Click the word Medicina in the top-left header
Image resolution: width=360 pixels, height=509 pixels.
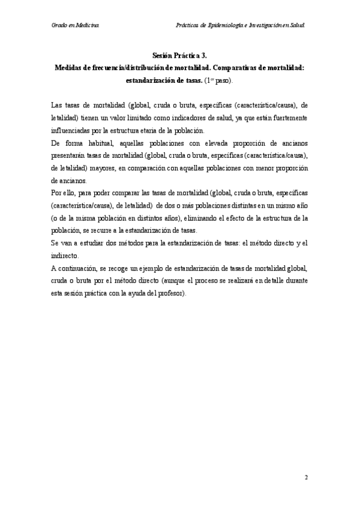(x=88, y=26)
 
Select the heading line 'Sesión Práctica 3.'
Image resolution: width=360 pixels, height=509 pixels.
(x=179, y=55)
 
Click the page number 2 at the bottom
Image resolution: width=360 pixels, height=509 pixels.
(x=306, y=477)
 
